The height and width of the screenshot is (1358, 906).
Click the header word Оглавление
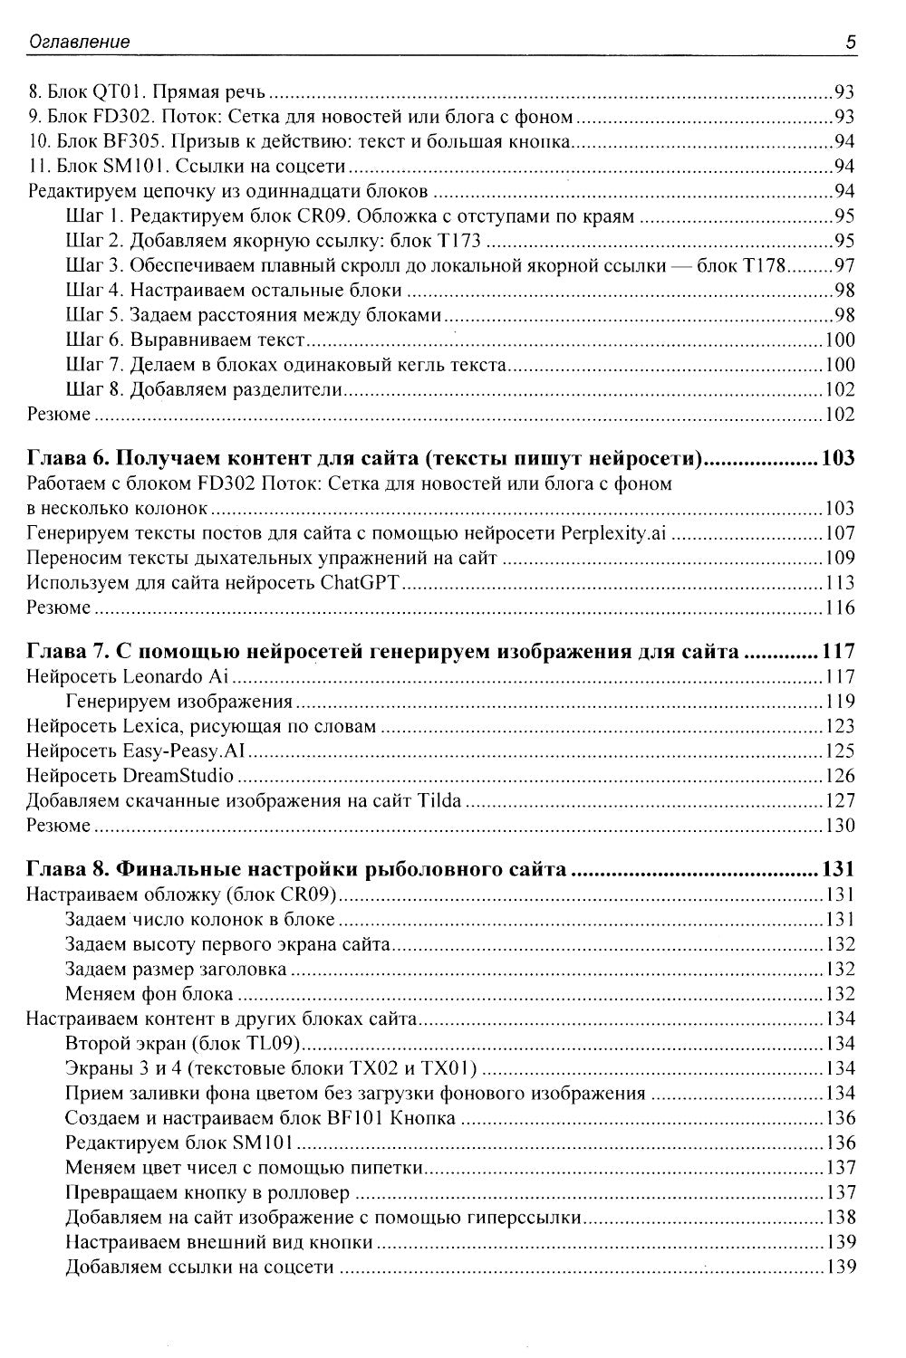point(79,42)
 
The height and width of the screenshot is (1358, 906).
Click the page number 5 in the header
point(850,42)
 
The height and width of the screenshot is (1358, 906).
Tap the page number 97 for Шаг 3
point(844,266)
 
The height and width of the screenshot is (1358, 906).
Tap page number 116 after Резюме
point(840,607)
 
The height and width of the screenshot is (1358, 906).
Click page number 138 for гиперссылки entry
point(840,1218)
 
